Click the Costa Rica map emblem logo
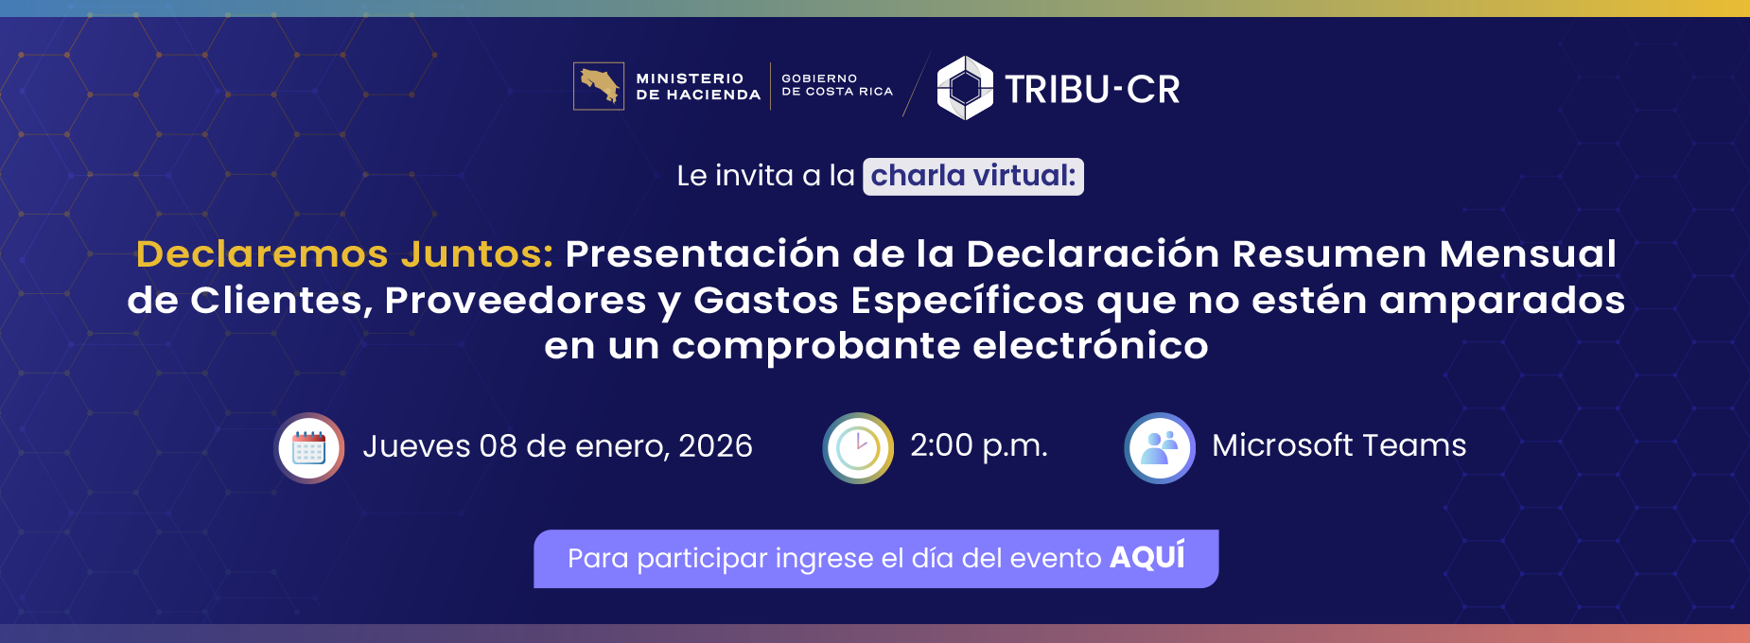point(599,86)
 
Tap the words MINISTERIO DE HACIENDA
point(697,87)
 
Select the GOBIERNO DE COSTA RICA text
point(836,85)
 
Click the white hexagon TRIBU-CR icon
point(964,88)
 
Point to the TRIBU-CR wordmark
point(1092,90)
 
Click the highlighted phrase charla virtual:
point(973,176)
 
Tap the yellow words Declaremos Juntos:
point(344,253)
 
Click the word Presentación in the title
point(702,253)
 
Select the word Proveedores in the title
point(515,300)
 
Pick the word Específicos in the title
point(967,300)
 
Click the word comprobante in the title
point(815,345)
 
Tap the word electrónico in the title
point(1090,345)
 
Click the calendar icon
point(309,447)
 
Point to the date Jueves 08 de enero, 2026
point(557,445)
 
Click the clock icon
point(858,447)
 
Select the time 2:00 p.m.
point(978,445)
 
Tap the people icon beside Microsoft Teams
point(1160,447)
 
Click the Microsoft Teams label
point(1339,445)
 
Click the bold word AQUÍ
point(1146,557)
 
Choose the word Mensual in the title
point(1527,253)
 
